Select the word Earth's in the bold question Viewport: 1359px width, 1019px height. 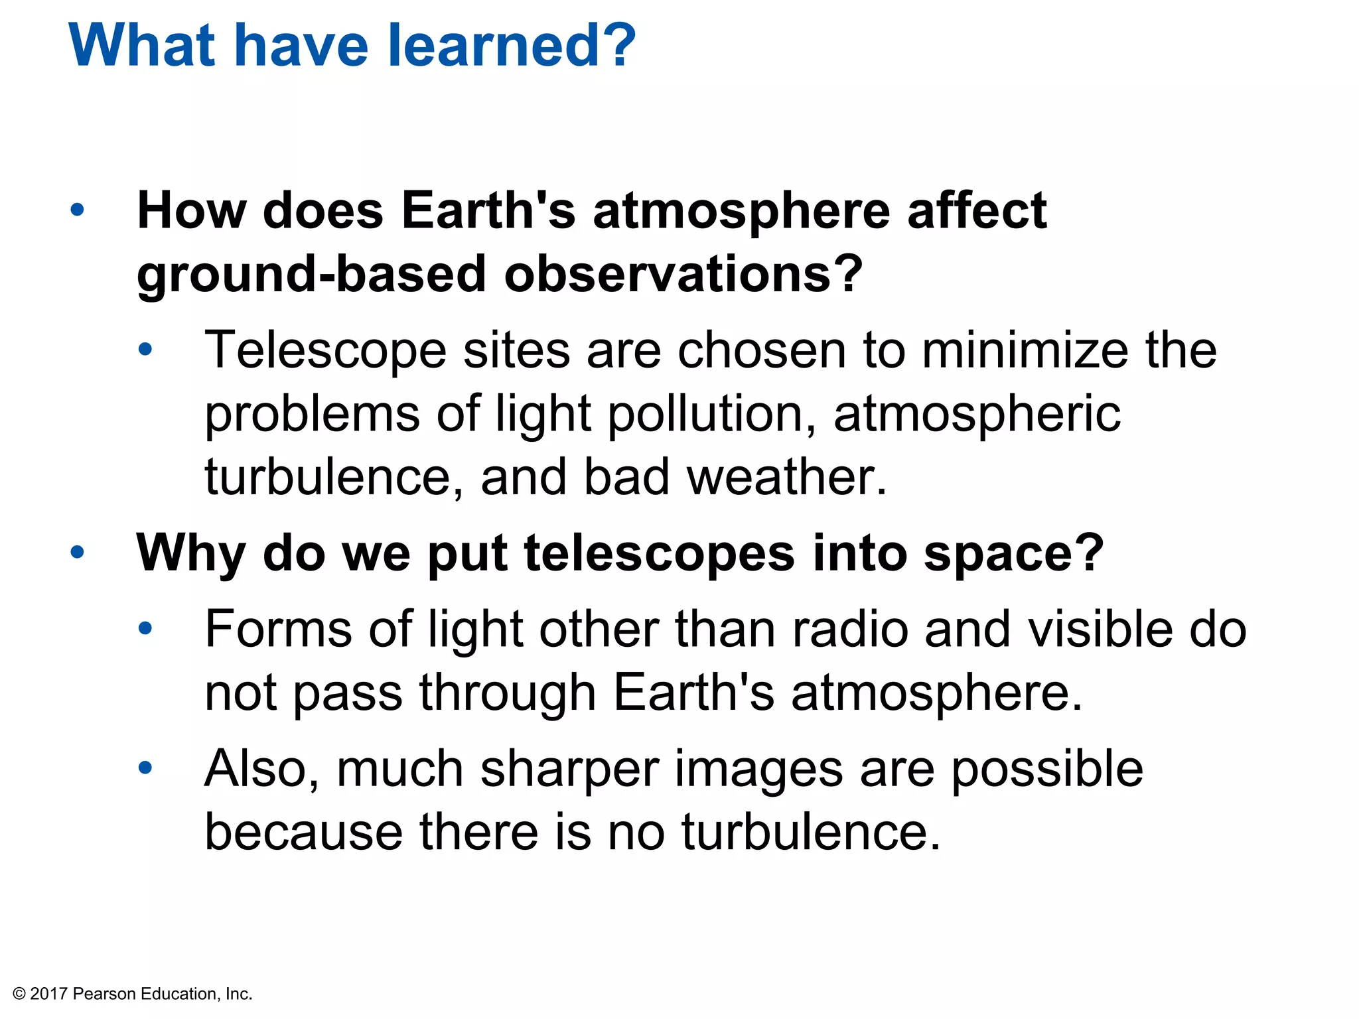point(488,211)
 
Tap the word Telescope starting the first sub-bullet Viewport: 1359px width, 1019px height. point(325,352)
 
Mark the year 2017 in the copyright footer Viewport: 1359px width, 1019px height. point(49,994)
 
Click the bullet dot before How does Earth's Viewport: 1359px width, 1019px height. point(78,210)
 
